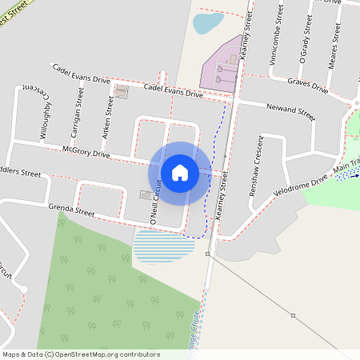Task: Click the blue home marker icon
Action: coord(180,172)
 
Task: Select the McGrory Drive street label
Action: coord(86,152)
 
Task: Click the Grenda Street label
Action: coord(71,212)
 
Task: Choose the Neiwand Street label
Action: coord(291,110)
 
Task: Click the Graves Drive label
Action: coord(308,84)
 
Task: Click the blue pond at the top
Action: coord(207,22)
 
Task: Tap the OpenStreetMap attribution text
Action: coord(81,354)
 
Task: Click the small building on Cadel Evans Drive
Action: coord(122,93)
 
